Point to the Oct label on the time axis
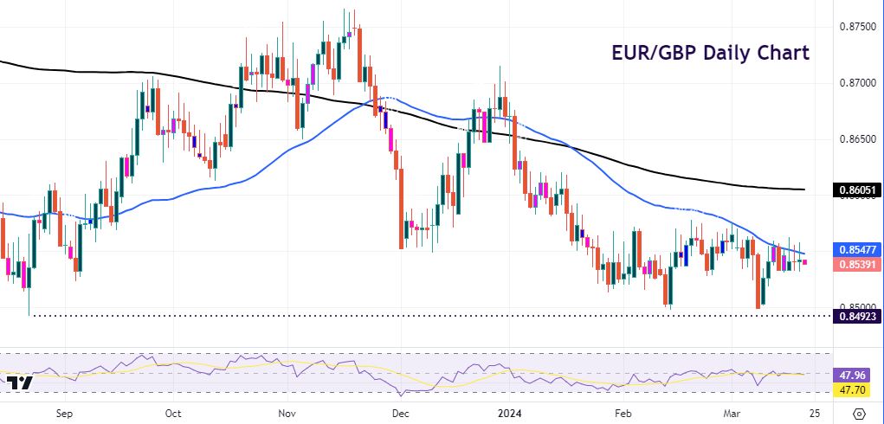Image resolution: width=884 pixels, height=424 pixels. (173, 414)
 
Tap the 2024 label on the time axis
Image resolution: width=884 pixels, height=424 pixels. (507, 414)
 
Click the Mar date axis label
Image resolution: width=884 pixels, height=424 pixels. (732, 414)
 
